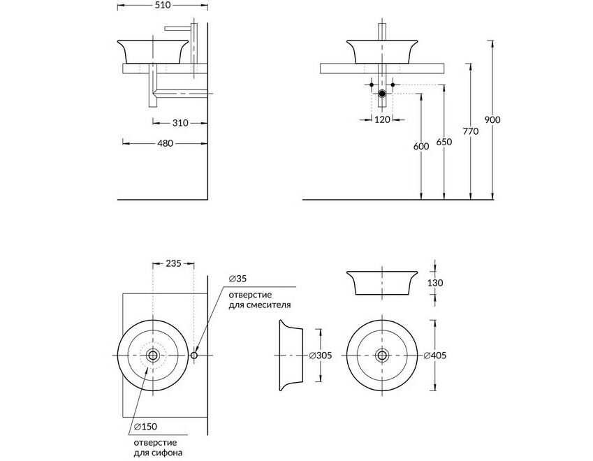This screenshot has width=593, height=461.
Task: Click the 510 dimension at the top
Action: [163, 6]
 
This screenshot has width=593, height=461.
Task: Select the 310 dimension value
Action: [180, 123]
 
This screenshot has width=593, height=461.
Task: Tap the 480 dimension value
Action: [166, 143]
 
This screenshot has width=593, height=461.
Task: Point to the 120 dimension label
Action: [382, 119]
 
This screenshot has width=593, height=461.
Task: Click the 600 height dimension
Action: [421, 146]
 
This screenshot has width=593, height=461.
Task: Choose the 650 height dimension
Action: [444, 142]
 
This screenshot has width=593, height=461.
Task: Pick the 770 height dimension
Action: [471, 131]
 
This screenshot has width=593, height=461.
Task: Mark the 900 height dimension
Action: [492, 120]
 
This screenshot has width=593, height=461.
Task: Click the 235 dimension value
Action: [174, 263]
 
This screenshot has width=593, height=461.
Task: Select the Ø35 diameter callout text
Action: [237, 279]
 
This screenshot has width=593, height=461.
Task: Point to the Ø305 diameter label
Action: [321, 356]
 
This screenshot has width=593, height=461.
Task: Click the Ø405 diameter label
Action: [435, 356]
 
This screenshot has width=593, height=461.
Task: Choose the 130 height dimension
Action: [435, 283]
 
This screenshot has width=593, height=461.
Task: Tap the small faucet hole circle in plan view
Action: [194, 356]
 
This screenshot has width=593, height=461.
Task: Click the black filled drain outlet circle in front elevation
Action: [382, 94]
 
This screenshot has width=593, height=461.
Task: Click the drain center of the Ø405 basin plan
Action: [382, 355]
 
